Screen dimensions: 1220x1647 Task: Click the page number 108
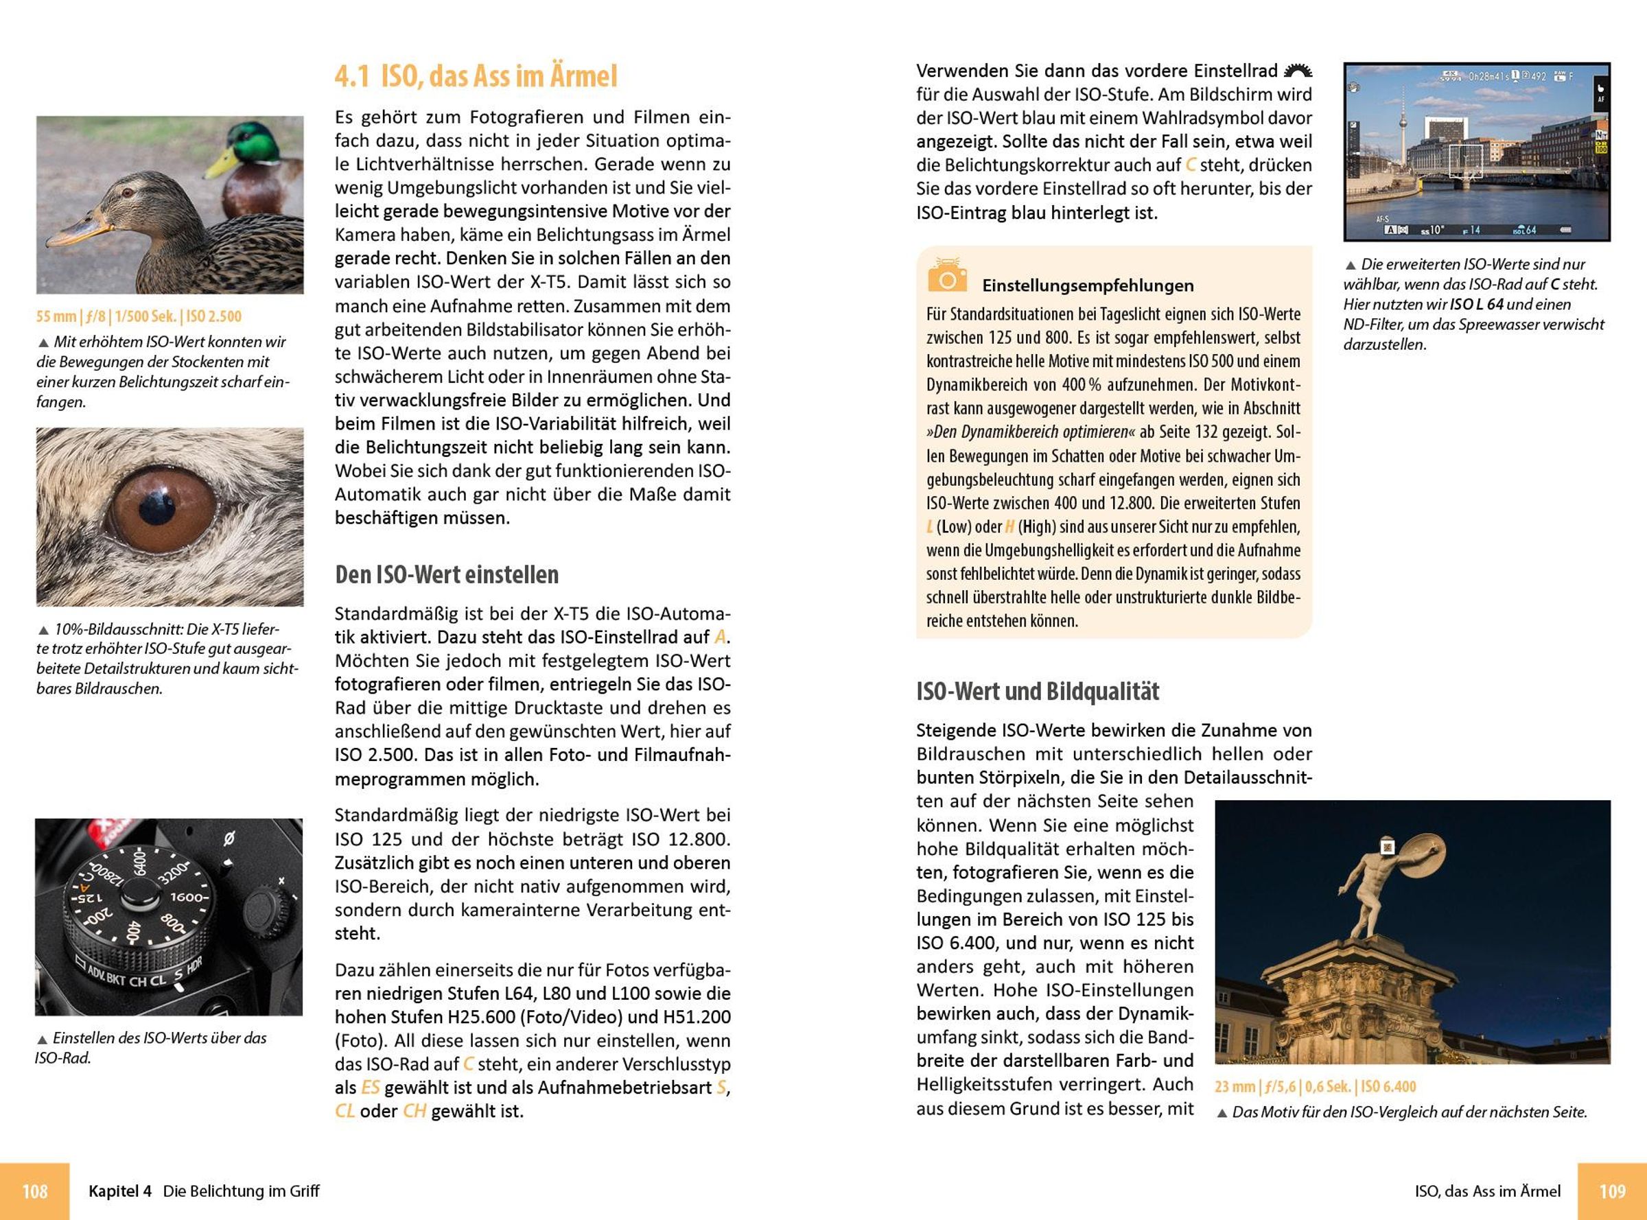click(35, 1190)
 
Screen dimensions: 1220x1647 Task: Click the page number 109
click(1611, 1190)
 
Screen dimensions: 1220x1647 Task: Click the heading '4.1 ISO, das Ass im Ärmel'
click(476, 77)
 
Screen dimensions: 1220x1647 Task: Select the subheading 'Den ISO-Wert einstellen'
click(446, 574)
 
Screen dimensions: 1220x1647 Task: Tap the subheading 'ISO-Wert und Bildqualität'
click(1037, 691)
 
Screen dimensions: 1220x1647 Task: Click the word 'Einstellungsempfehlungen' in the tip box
click(1087, 286)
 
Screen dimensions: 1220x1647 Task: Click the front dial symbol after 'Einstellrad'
click(1298, 71)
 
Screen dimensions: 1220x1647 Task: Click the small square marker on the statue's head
click(1387, 847)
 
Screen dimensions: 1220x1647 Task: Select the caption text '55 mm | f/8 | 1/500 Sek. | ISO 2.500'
click(139, 317)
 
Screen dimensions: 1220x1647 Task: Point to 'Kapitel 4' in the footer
click(119, 1191)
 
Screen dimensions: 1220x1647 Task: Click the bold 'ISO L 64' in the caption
click(1476, 304)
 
